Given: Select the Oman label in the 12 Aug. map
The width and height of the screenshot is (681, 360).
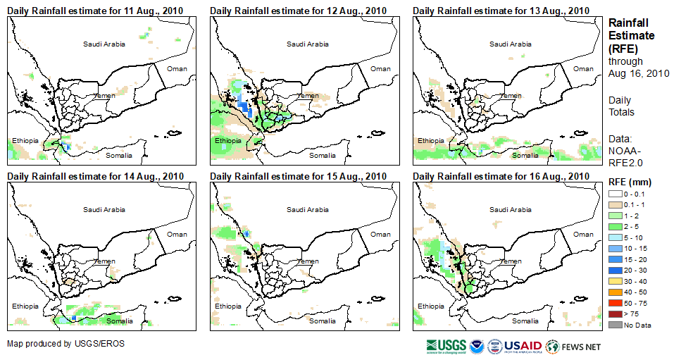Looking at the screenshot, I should [x=380, y=68].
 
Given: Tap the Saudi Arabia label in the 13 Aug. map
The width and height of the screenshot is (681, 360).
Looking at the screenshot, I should [x=510, y=44].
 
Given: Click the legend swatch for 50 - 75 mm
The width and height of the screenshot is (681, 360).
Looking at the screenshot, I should [x=616, y=303].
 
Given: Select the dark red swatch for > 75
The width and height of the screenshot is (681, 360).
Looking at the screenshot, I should [x=616, y=314].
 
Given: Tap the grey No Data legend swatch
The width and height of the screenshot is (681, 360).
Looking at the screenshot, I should [x=616, y=324].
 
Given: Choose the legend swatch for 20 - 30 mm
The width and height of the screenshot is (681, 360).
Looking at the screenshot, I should [x=616, y=271].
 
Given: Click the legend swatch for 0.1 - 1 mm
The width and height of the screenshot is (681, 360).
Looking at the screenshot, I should [x=616, y=204].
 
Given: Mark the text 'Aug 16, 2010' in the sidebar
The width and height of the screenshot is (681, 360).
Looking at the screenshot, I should [x=638, y=73].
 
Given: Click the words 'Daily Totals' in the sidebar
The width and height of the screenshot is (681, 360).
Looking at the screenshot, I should [x=621, y=106].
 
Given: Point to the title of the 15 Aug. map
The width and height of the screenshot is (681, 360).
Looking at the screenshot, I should [x=298, y=176].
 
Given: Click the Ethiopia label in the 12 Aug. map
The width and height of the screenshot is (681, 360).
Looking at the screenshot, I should [x=227, y=140].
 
